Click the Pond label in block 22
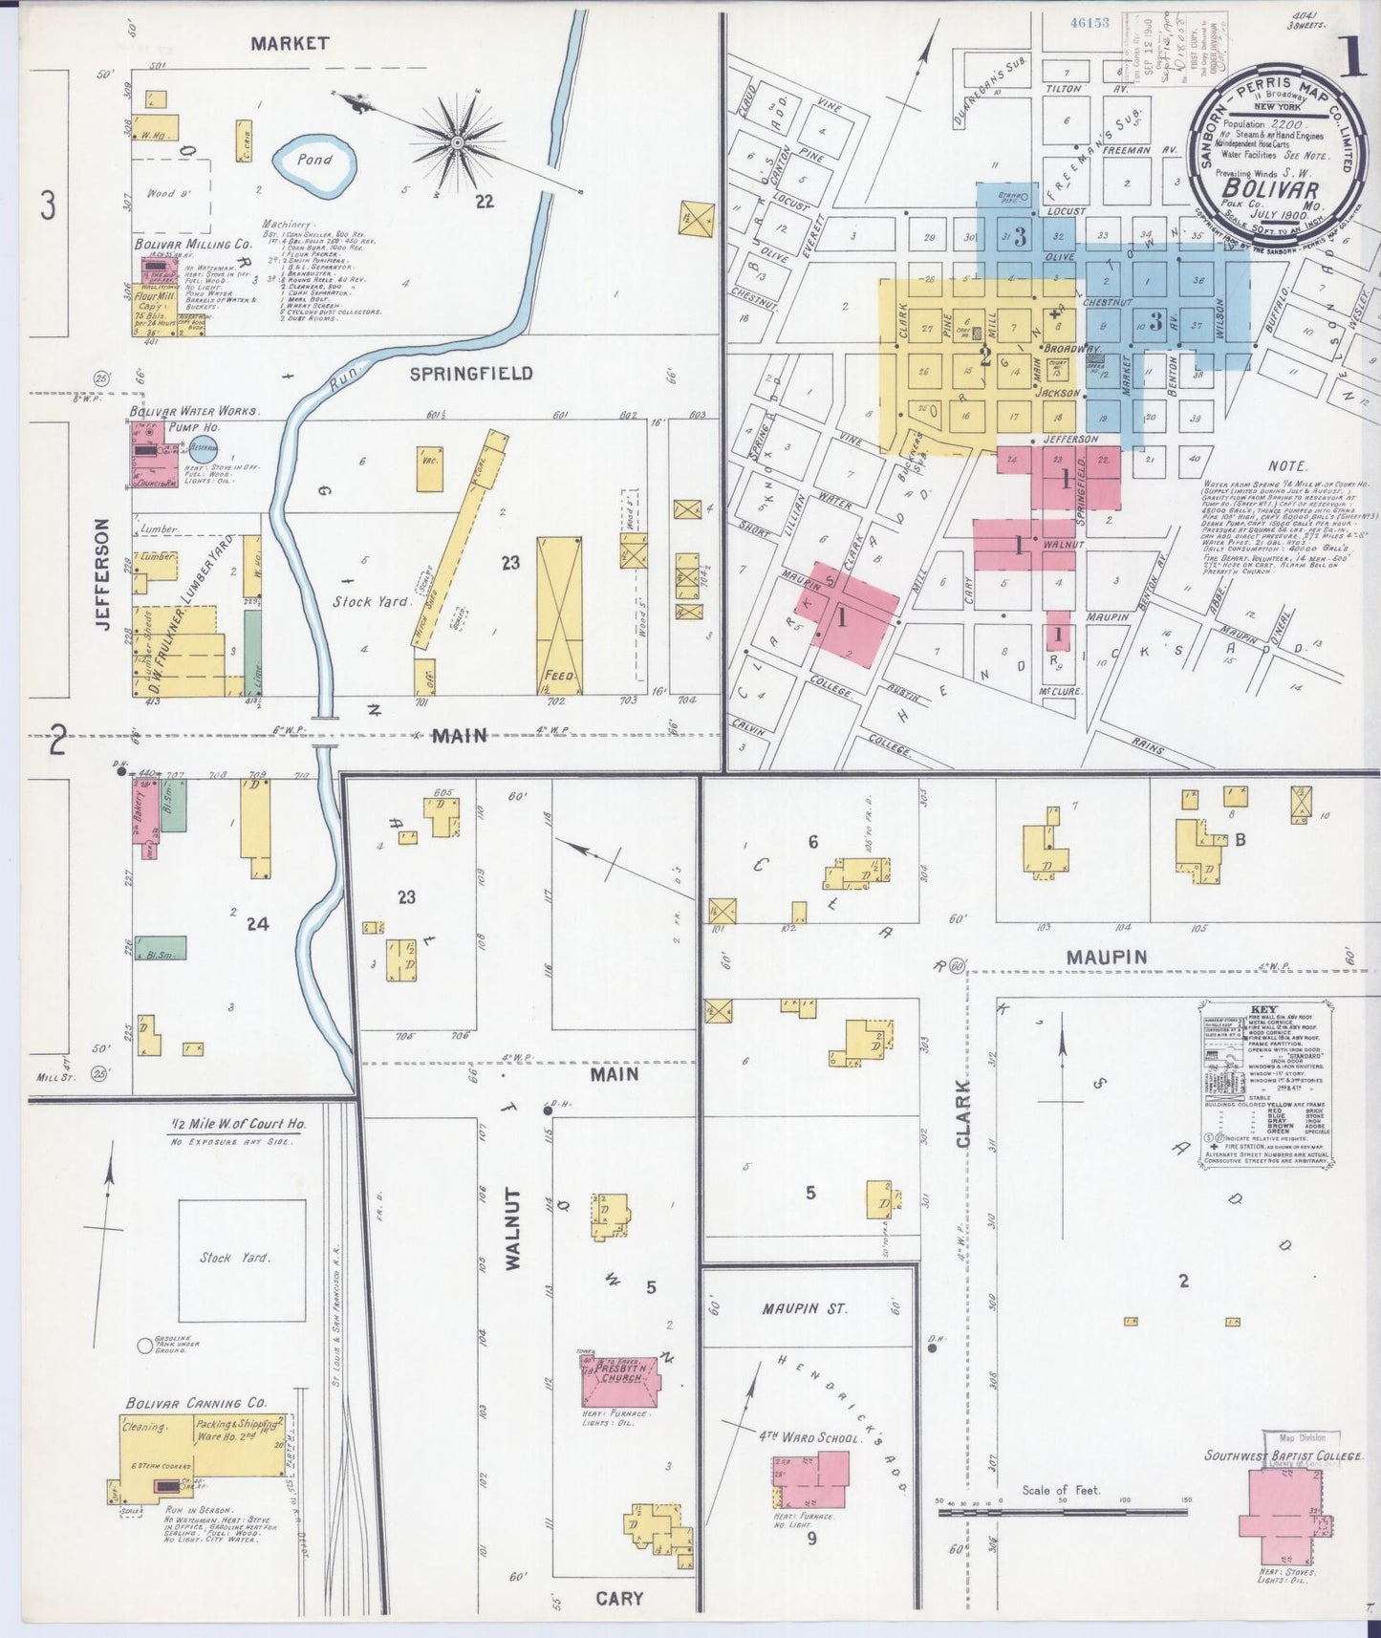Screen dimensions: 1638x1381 (x=313, y=160)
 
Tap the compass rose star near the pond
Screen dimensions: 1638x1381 (x=458, y=142)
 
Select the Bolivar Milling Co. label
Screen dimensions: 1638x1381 (x=193, y=245)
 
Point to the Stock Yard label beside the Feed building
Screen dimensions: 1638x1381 (x=371, y=601)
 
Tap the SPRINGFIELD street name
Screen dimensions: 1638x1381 (x=471, y=374)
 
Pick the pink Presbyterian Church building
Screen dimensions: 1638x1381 (x=620, y=1381)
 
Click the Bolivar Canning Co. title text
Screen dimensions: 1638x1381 (x=195, y=1403)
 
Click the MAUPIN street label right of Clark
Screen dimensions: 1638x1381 (x=1106, y=957)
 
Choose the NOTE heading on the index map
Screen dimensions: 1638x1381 (x=1287, y=465)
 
